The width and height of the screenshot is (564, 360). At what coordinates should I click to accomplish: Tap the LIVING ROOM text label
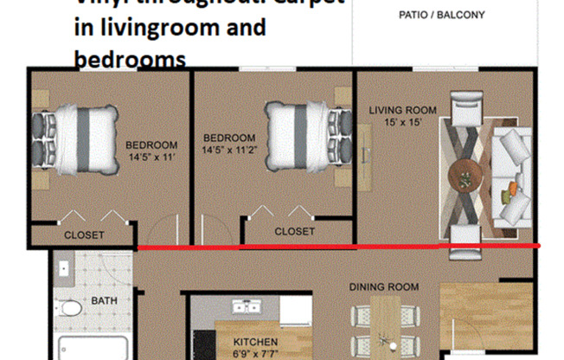tap(402, 111)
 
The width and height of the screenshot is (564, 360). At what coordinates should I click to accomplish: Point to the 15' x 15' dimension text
tap(402, 123)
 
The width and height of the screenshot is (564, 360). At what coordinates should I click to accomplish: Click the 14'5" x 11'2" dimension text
tap(229, 150)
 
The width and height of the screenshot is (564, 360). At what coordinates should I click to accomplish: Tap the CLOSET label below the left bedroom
tap(84, 235)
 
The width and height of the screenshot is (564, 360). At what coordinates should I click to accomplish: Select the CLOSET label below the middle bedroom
tap(294, 232)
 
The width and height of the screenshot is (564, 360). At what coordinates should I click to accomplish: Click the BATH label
tap(105, 302)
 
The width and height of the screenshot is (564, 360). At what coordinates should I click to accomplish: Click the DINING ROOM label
tap(383, 286)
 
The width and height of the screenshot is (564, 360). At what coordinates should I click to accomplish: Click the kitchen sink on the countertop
tap(246, 307)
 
